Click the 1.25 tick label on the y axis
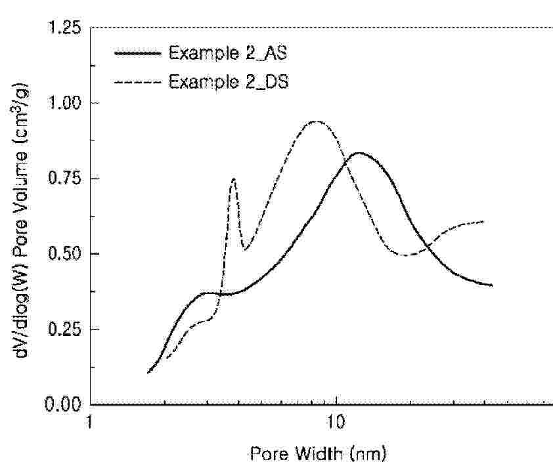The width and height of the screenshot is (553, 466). point(64,28)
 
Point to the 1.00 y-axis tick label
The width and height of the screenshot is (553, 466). point(64,103)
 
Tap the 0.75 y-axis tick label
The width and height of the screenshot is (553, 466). point(64,179)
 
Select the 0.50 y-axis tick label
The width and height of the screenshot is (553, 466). point(64,254)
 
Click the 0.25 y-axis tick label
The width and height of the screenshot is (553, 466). point(64,329)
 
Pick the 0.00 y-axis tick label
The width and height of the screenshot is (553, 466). point(64,404)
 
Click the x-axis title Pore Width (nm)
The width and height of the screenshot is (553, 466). point(317,454)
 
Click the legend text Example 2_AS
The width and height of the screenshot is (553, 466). point(227,53)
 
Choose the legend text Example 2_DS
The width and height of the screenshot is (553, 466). point(227,82)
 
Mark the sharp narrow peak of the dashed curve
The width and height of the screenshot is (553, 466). point(233,179)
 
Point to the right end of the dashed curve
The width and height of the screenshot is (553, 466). point(484,222)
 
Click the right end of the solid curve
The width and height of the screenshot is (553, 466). point(492,286)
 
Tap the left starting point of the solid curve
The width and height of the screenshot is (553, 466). point(148,373)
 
